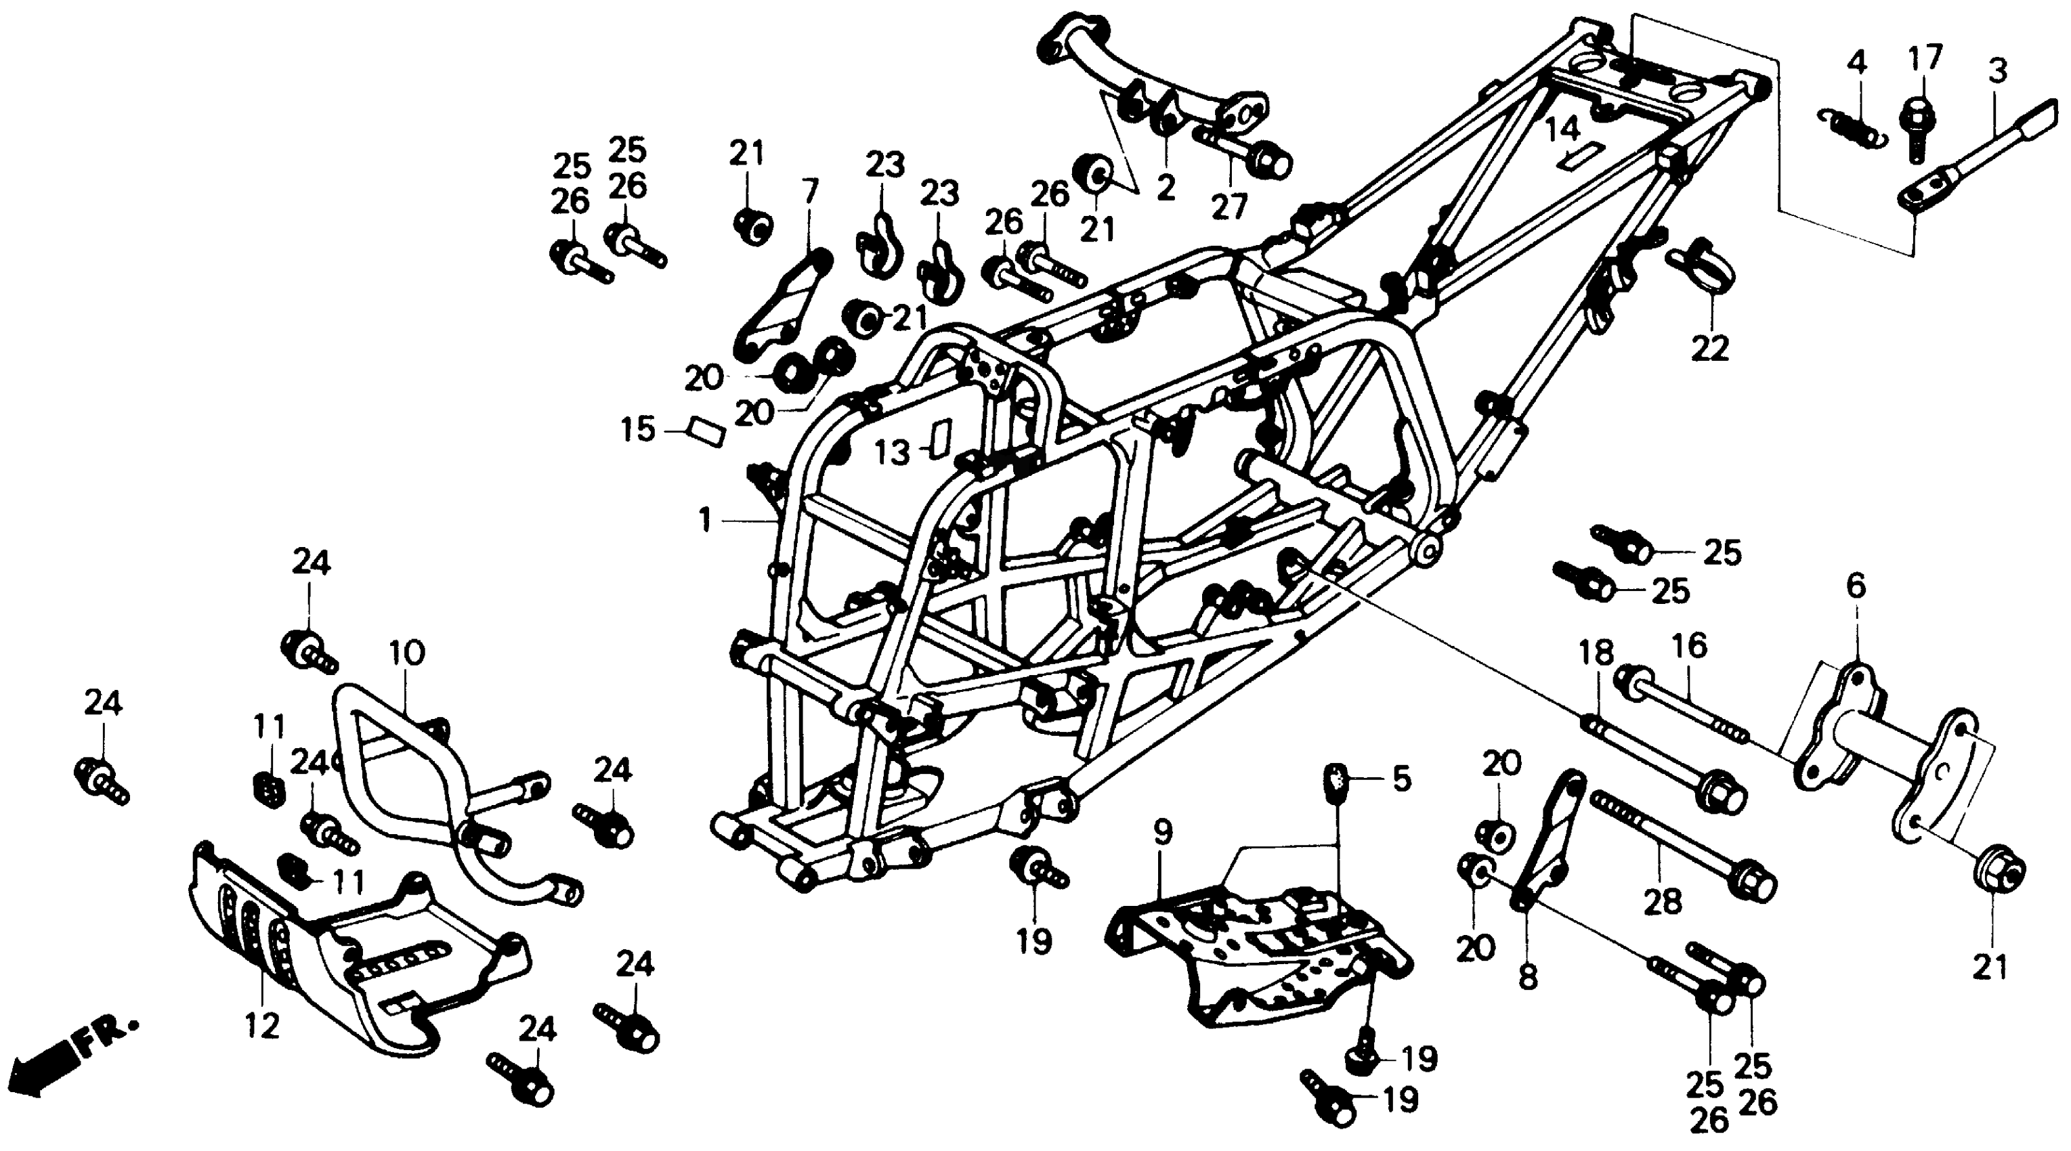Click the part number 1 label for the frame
[x=705, y=520]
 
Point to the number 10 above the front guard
[x=407, y=653]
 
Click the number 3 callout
[x=1997, y=70]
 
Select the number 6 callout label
[x=1856, y=587]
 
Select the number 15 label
[x=637, y=430]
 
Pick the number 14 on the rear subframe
[x=1563, y=129]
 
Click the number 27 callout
[x=1229, y=207]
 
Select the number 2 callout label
[x=1166, y=188]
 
